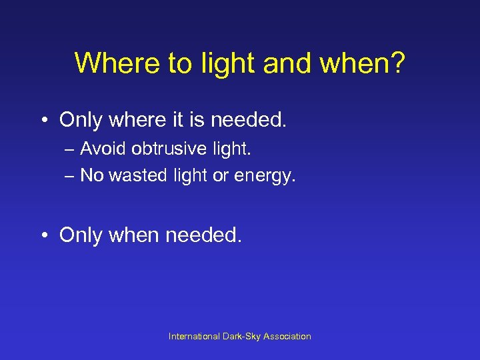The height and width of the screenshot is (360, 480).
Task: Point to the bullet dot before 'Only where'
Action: pyautogui.click(x=44, y=120)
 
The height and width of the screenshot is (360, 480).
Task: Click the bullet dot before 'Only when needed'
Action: pyautogui.click(x=44, y=235)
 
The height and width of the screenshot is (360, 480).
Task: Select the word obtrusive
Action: pyautogui.click(x=171, y=148)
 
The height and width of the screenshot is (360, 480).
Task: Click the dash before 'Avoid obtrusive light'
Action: pyautogui.click(x=70, y=149)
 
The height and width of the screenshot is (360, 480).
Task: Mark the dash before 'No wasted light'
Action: pyautogui.click(x=70, y=176)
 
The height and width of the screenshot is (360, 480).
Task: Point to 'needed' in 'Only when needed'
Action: pyautogui.click(x=203, y=235)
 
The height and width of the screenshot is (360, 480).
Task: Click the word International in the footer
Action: pyautogui.click(x=195, y=337)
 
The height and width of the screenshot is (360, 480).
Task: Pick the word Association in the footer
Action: pyautogui.click(x=287, y=337)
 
